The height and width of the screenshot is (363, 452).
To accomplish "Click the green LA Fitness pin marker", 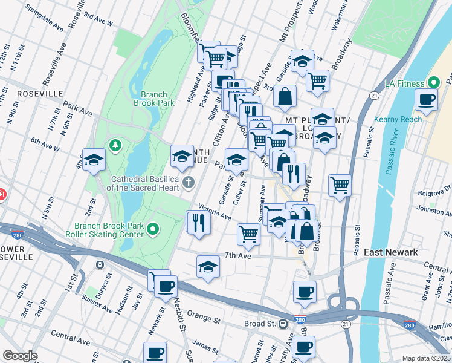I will pyautogui.click(x=433, y=82).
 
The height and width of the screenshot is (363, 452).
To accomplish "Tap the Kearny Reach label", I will pyautogui.click(x=398, y=119).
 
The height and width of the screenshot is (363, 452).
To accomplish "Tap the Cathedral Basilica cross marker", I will pyautogui.click(x=189, y=181).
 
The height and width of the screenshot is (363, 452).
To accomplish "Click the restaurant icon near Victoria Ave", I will pyautogui.click(x=198, y=222).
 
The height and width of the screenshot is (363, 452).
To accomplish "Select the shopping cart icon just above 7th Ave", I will pyautogui.click(x=248, y=234).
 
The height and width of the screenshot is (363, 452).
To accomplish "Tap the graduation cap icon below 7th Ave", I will pyautogui.click(x=208, y=266).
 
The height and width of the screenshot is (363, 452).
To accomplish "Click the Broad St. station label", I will pyautogui.click(x=259, y=324).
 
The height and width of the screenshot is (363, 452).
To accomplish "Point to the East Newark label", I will pyautogui.click(x=391, y=252).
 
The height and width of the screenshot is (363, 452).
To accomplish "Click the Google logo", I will pyautogui.click(x=20, y=356).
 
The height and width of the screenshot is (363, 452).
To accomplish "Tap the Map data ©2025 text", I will pyautogui.click(x=426, y=358).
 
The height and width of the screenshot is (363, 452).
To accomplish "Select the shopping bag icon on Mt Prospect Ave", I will pyautogui.click(x=285, y=96).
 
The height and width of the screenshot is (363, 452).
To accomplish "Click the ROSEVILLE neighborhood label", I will pyautogui.click(x=40, y=94).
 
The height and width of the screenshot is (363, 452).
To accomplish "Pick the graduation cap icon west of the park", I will pyautogui.click(x=94, y=160).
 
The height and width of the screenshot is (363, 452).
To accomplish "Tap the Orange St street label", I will pyautogui.click(x=201, y=315).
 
